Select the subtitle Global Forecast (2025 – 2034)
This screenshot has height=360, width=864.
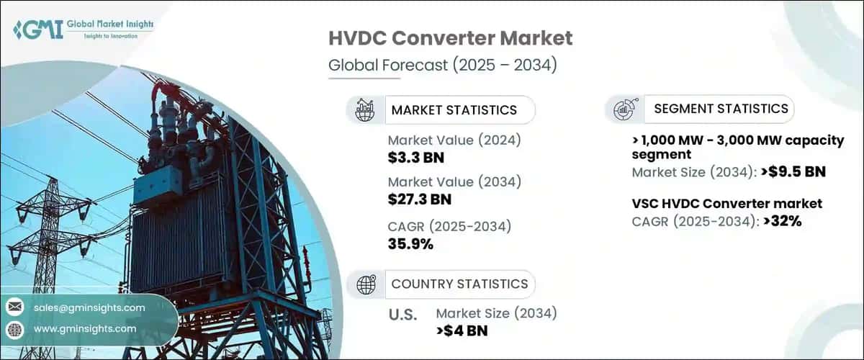tap(443, 65)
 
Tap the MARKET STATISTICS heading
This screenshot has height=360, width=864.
tap(454, 110)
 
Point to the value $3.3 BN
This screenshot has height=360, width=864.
tap(412, 157)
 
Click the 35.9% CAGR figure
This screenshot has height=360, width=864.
tap(410, 243)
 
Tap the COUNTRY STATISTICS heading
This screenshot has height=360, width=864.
tap(459, 284)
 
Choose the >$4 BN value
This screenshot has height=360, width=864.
tap(461, 330)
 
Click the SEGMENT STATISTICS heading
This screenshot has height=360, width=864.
tap(721, 109)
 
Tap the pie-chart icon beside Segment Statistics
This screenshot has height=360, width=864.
tap(623, 109)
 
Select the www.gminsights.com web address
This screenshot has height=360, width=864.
tap(84, 329)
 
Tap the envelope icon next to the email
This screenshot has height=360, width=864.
tap(14, 307)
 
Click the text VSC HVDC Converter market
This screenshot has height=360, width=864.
tap(726, 204)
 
